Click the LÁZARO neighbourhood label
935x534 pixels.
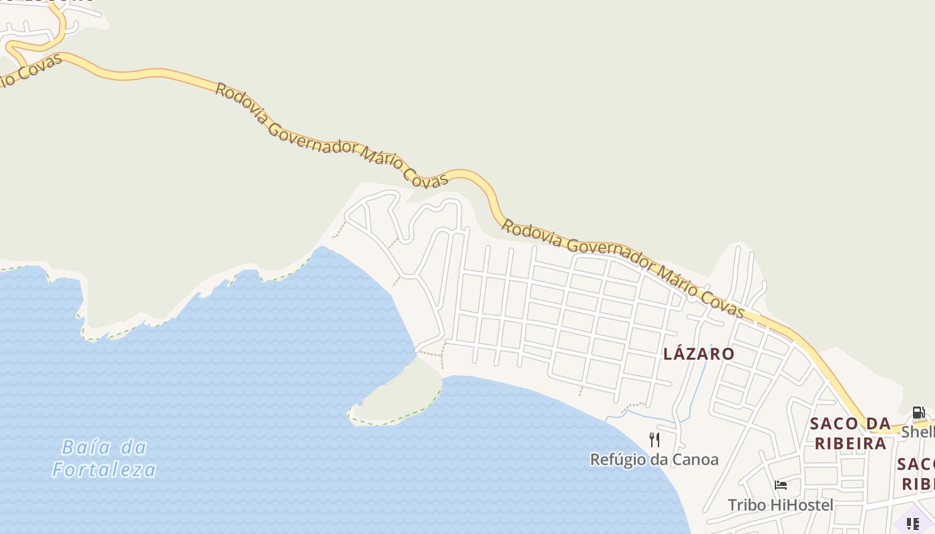pos(699,354)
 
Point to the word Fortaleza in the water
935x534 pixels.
pos(104,470)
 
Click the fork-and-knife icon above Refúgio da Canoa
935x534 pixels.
pos(654,439)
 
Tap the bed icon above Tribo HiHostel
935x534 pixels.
pos(780,485)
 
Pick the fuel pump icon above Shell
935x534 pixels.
pos(918,413)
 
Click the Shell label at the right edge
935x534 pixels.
pos(918,432)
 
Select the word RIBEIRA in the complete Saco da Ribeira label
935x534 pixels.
pos(850,443)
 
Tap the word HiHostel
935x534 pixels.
pos(801,505)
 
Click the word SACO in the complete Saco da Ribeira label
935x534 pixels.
pos(833,423)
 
